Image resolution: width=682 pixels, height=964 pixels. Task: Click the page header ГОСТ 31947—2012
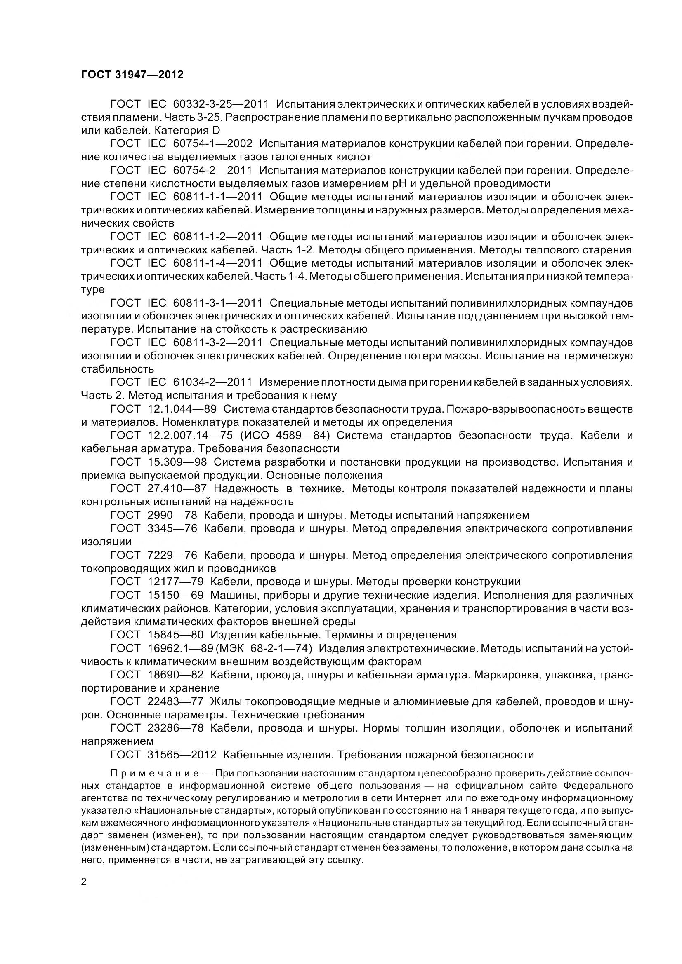(132, 75)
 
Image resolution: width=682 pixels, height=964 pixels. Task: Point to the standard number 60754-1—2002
(212, 143)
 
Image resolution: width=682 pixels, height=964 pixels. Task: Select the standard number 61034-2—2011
(212, 382)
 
